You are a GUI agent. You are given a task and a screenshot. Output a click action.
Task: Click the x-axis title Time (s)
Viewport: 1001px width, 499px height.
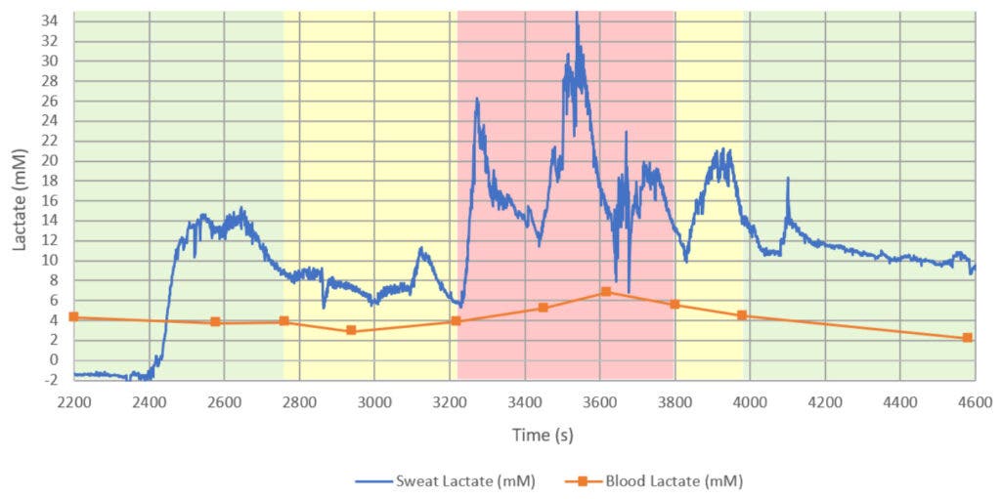point(525,436)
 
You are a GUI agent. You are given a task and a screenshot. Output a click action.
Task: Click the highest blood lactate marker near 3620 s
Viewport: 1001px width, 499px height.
point(606,291)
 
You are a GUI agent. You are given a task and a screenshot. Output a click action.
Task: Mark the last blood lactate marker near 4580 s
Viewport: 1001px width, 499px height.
point(967,338)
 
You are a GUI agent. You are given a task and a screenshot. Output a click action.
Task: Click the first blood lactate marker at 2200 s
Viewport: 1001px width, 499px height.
point(74,316)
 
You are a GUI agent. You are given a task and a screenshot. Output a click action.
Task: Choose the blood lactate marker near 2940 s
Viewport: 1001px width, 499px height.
point(352,330)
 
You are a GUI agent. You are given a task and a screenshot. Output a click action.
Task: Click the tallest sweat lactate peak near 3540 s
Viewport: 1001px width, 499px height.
point(577,14)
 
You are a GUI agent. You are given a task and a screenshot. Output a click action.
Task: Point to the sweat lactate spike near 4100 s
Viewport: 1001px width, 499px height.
point(788,179)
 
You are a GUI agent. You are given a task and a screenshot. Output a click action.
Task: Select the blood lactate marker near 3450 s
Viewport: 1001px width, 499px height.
point(544,308)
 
